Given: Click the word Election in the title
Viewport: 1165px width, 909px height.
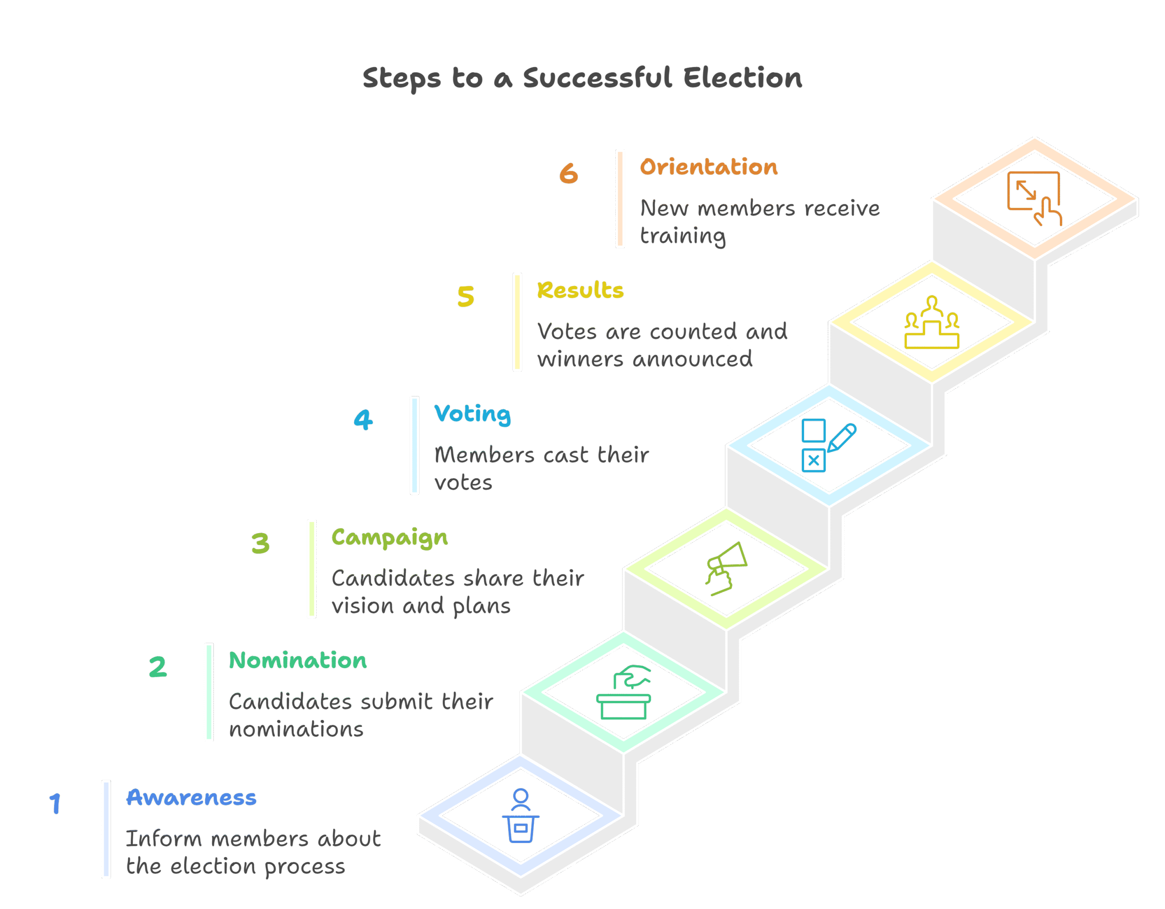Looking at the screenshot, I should (743, 78).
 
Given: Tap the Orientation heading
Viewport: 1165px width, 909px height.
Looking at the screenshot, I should (709, 167).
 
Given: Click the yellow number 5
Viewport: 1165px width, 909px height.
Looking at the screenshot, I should (466, 297).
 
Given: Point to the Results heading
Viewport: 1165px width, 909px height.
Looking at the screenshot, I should (580, 290).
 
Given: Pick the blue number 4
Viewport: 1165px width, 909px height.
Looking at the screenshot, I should (363, 419).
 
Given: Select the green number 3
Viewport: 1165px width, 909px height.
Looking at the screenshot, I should (260, 543).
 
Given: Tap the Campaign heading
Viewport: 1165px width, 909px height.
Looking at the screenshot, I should (390, 538).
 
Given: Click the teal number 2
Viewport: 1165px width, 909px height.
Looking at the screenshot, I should (157, 667).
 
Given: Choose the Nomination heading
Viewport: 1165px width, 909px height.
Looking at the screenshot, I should (298, 660).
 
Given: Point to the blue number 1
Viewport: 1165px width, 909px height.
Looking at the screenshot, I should (55, 803).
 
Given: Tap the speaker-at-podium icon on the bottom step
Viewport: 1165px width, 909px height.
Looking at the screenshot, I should (521, 816).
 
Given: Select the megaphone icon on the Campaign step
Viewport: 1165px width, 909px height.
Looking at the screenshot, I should (726, 568).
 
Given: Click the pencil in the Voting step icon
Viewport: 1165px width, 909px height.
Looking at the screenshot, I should (842, 438).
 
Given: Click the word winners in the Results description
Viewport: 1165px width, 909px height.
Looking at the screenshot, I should (580, 360).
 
